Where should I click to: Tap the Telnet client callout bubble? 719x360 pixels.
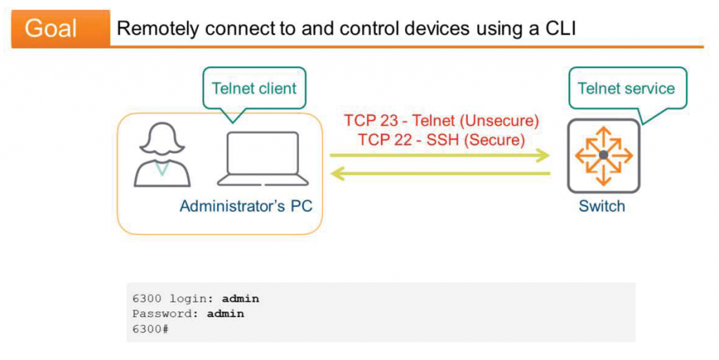[x=254, y=88]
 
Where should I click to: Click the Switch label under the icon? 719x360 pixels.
[x=602, y=206]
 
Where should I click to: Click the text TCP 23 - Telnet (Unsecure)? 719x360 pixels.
[x=441, y=120]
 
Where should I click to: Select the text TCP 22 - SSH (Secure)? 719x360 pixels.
[x=441, y=139]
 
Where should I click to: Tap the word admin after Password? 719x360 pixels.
[x=225, y=314]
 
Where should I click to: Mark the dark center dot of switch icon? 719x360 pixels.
[x=603, y=155]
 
